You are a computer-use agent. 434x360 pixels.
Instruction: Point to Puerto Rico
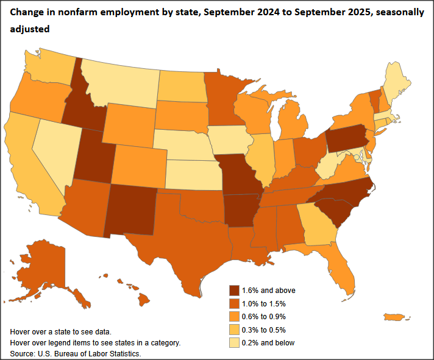point(397,317)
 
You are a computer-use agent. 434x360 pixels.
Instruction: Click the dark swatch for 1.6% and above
point(234,291)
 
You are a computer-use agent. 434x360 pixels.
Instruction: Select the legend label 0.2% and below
point(269,342)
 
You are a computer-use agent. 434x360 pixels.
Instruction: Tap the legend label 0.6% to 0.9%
point(264,316)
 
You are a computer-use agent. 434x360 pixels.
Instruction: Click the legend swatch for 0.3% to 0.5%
point(234,330)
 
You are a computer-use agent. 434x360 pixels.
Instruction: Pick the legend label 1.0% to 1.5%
point(264,303)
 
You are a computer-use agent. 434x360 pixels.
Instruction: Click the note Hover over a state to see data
point(61,332)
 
